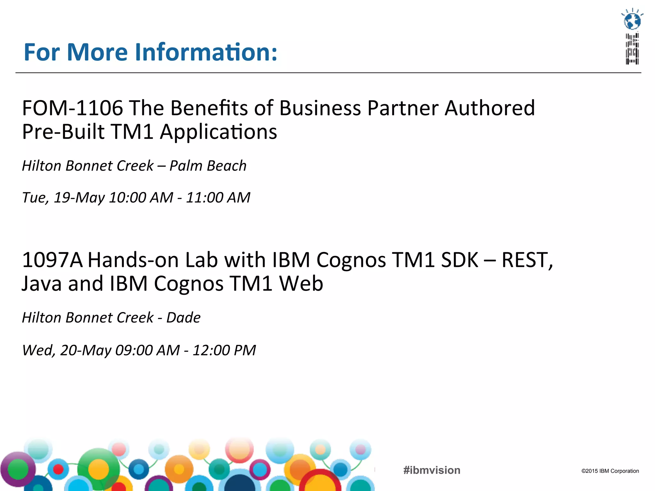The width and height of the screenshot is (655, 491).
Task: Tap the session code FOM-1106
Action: click(x=72, y=108)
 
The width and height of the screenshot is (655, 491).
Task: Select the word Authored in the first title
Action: click(x=490, y=108)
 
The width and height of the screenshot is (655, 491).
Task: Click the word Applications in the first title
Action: click(x=218, y=132)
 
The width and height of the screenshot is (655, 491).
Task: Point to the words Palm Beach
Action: click(x=208, y=166)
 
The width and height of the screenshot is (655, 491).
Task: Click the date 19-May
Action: click(x=79, y=198)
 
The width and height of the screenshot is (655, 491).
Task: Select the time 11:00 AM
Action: click(x=218, y=198)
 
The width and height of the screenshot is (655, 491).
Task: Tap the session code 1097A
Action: click(x=52, y=260)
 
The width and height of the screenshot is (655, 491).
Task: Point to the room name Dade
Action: click(x=183, y=318)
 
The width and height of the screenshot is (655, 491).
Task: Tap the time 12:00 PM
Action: click(x=224, y=350)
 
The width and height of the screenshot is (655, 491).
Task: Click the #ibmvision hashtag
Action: click(x=432, y=470)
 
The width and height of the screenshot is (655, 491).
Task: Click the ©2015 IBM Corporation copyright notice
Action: click(x=610, y=471)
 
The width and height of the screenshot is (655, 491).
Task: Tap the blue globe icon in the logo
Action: click(x=632, y=21)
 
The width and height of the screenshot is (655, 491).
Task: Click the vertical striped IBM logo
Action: click(x=632, y=49)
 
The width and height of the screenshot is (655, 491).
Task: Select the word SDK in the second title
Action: click(x=460, y=260)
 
